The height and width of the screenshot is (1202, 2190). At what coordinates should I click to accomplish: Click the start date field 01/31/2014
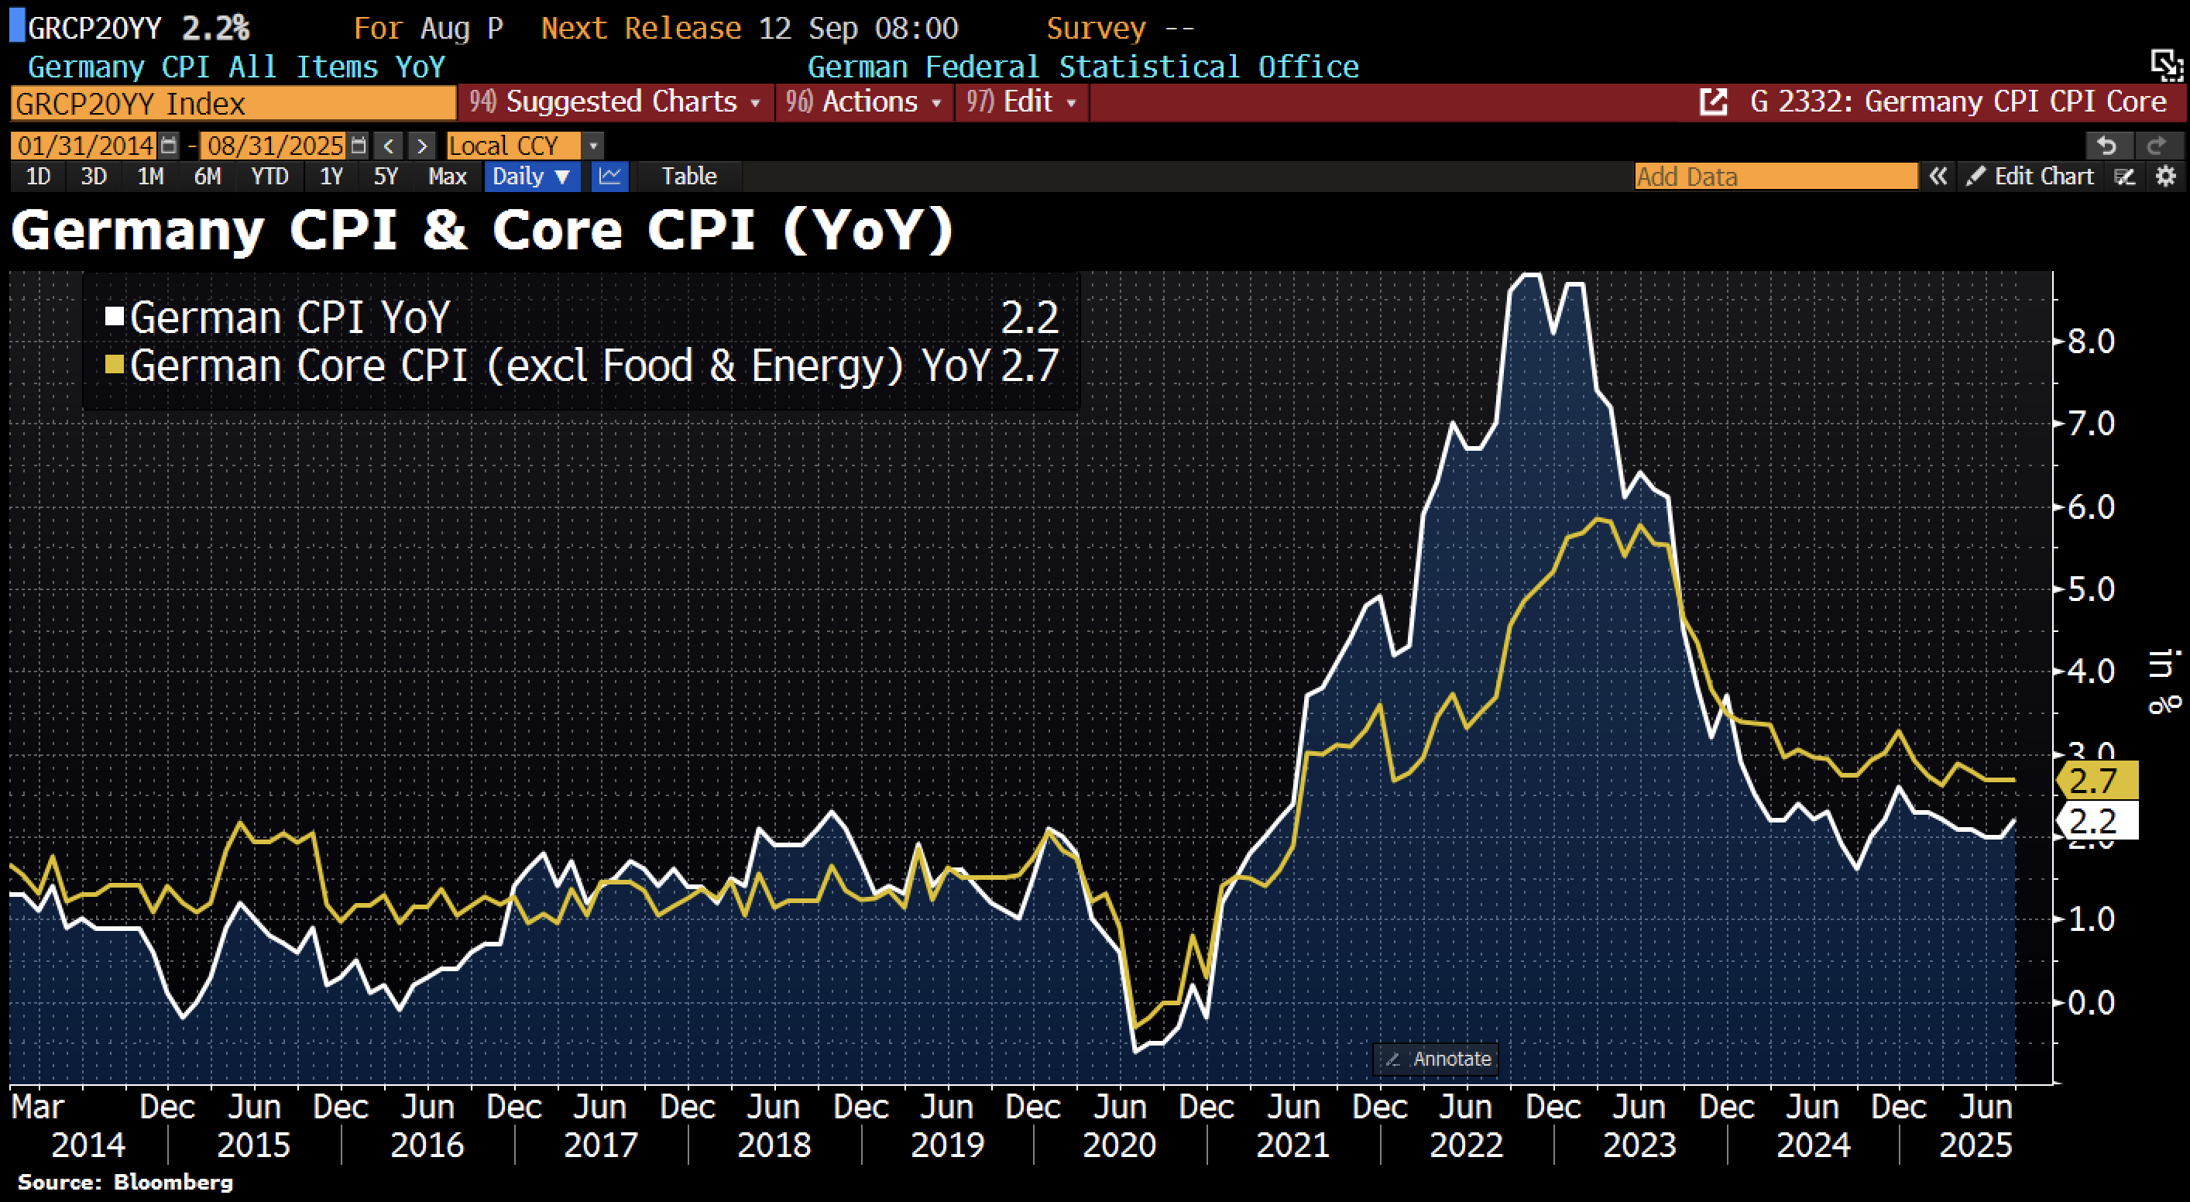click(85, 146)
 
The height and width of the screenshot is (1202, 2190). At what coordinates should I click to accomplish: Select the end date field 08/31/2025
click(275, 146)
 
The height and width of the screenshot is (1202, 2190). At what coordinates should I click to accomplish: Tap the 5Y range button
click(385, 176)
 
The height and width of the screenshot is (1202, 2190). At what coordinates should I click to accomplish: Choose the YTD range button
click(269, 176)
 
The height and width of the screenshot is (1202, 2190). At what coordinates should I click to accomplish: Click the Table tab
click(688, 176)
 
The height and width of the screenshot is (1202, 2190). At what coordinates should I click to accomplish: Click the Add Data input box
click(1775, 176)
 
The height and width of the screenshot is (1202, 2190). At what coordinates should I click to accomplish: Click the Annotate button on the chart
click(1437, 1059)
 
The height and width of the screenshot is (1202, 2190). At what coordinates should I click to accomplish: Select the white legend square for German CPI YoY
click(115, 317)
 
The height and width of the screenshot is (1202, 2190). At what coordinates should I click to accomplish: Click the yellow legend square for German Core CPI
click(115, 365)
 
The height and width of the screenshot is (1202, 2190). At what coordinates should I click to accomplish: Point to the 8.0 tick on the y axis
click(2089, 342)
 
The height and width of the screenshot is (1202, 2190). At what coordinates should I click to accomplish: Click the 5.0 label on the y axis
click(2089, 589)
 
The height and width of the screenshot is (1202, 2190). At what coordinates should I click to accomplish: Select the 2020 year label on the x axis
click(1119, 1145)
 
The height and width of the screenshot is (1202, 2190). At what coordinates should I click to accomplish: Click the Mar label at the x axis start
click(37, 1107)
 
